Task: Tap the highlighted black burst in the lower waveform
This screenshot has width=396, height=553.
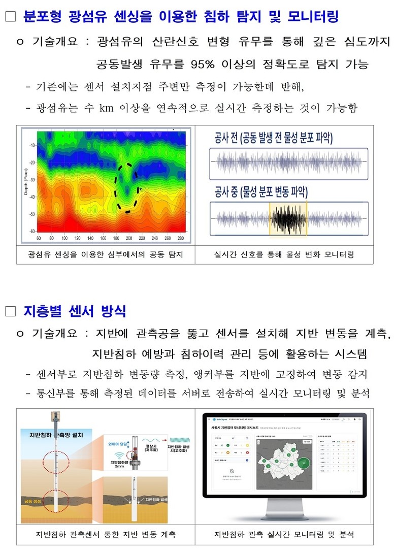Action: pos(288,219)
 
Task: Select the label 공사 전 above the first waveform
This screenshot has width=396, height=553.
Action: pos(227,138)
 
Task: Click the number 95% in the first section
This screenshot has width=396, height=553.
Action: pos(205,64)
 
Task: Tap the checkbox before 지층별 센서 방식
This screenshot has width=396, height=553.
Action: pos(11,311)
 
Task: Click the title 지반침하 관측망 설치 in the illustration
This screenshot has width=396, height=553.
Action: pos(53,435)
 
